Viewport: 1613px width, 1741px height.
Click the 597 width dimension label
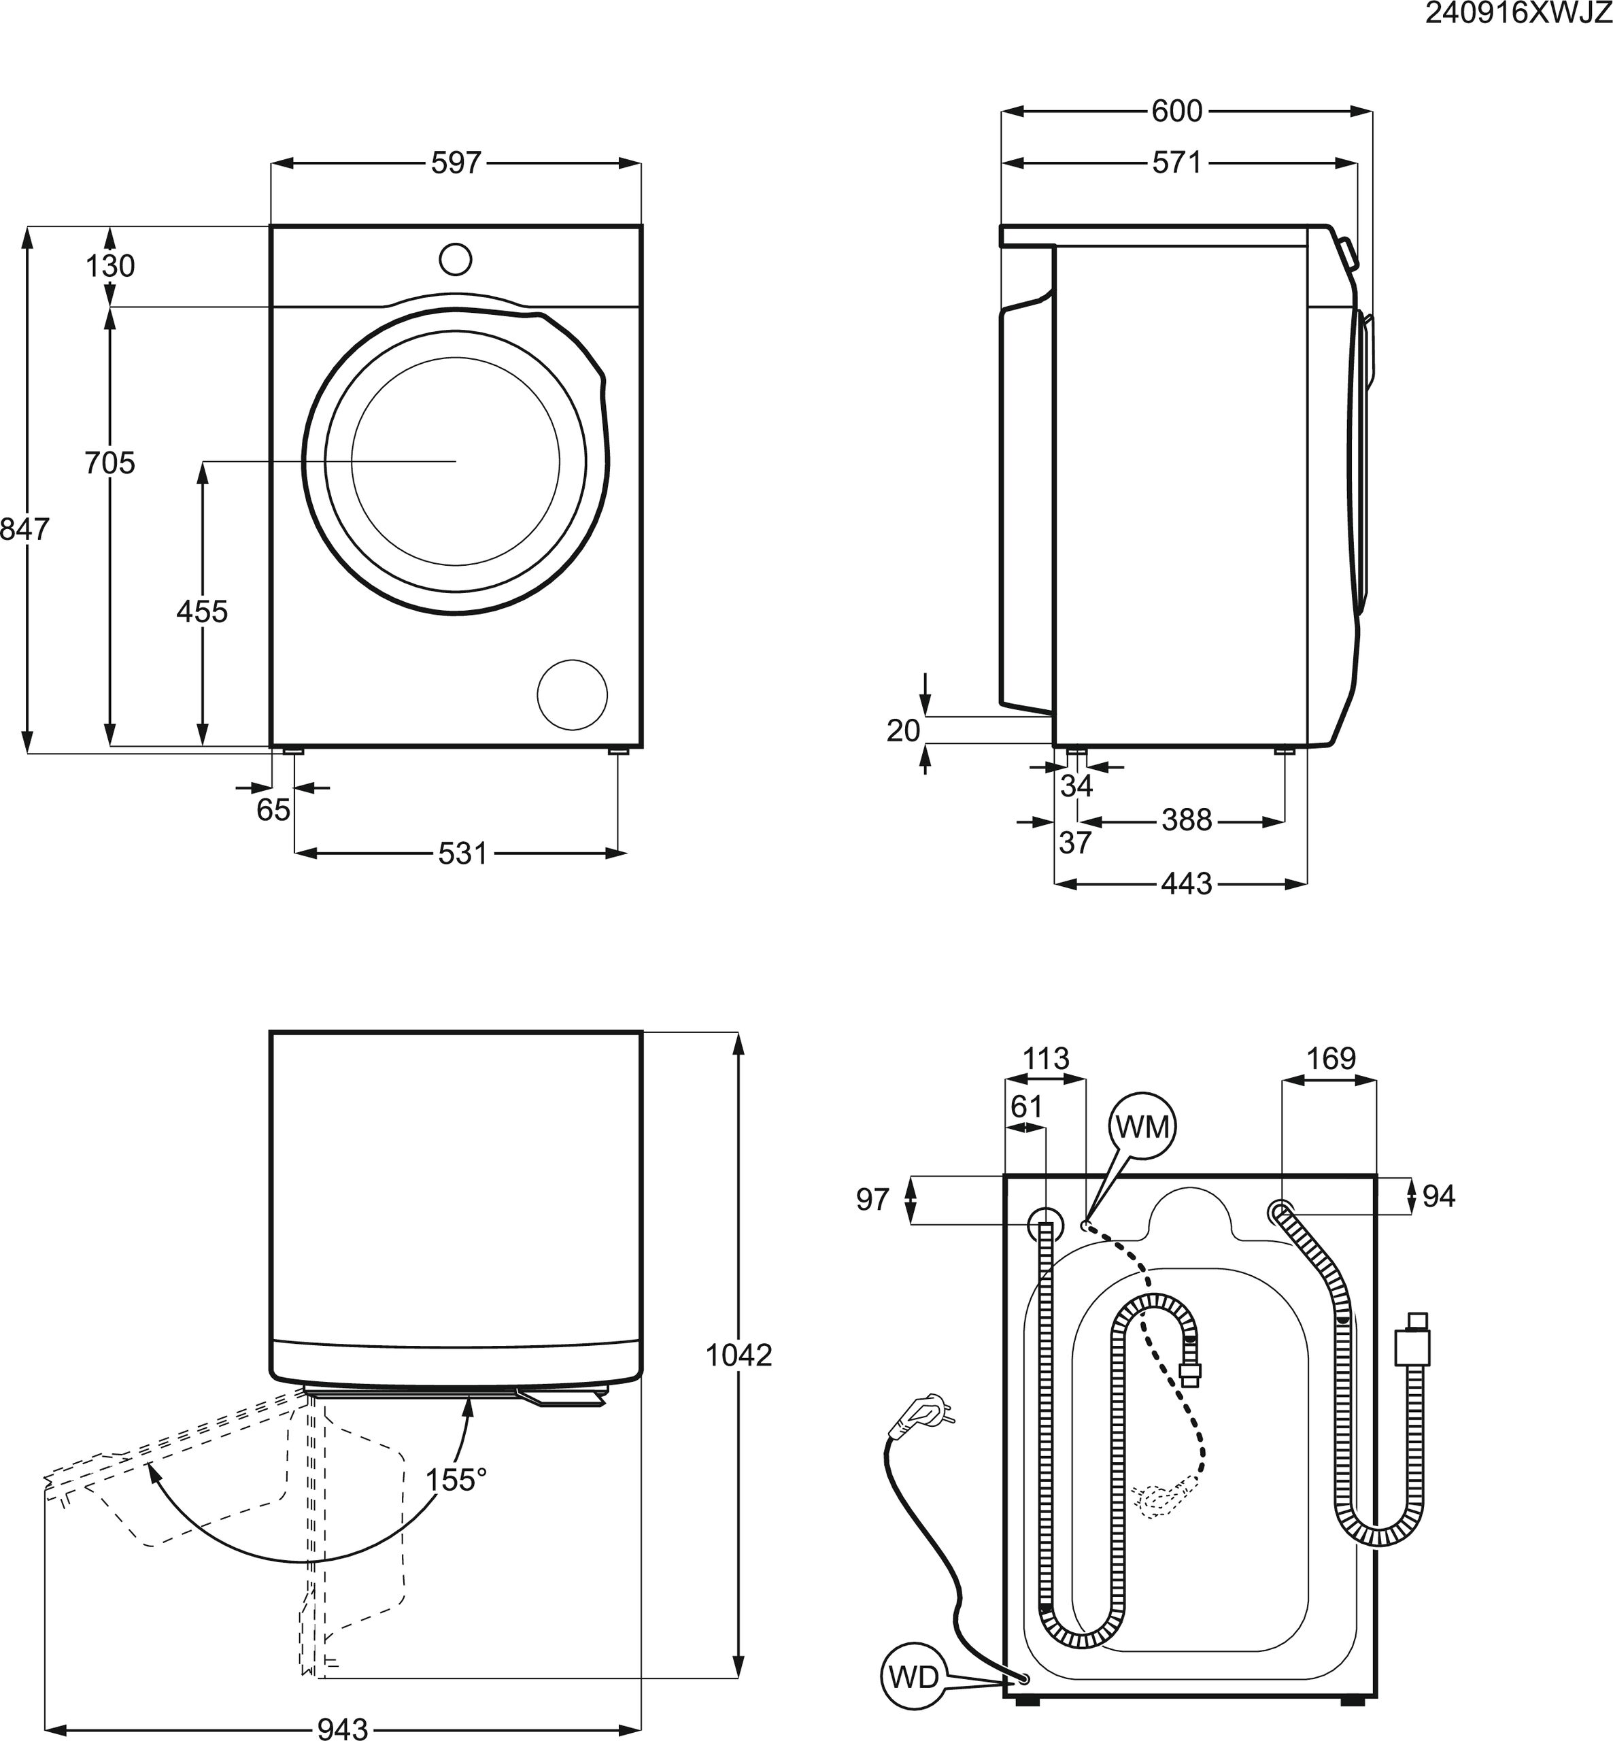point(456,163)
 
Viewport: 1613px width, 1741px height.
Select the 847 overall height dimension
point(24,529)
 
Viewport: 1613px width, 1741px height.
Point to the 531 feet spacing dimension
point(462,853)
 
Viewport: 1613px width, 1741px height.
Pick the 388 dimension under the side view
point(1187,819)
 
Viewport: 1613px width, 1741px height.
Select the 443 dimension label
point(1187,884)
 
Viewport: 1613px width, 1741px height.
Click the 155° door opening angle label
point(456,1480)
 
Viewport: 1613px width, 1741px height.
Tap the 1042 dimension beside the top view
point(738,1355)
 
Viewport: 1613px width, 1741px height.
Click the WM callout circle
point(1142,1128)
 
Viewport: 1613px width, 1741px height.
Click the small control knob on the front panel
point(456,259)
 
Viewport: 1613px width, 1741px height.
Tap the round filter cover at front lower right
point(573,694)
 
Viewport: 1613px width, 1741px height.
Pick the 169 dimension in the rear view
point(1331,1059)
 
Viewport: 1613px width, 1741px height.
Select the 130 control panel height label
point(110,265)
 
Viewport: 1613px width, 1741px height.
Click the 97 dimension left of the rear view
point(872,1200)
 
